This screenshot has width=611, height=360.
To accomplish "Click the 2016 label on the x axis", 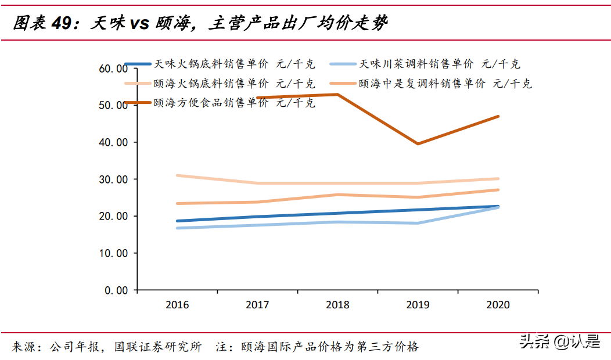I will (177, 305).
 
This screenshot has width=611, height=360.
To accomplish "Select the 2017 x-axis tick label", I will (257, 305).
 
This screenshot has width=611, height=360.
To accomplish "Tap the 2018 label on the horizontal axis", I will (337, 305).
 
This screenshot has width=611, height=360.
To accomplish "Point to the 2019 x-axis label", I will (418, 305).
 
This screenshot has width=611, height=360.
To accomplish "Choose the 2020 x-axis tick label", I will (498, 305).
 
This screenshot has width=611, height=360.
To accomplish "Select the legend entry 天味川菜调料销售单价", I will (416, 64).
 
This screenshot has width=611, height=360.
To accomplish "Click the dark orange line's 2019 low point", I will (418, 143).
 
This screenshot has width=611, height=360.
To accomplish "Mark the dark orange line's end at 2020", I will (498, 117).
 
